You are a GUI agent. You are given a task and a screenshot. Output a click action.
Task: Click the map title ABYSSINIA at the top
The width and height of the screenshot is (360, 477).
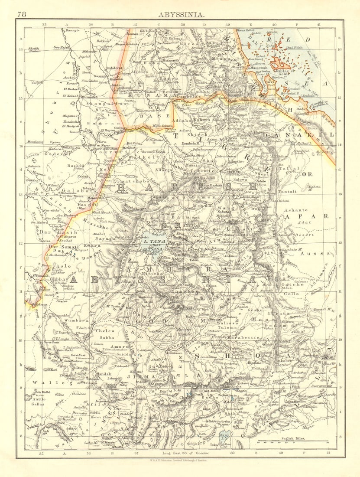pos(180,14)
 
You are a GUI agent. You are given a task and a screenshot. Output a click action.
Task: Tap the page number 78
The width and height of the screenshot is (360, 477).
pos(22,14)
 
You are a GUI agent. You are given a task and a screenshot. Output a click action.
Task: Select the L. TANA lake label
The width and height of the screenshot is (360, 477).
pos(155,242)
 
